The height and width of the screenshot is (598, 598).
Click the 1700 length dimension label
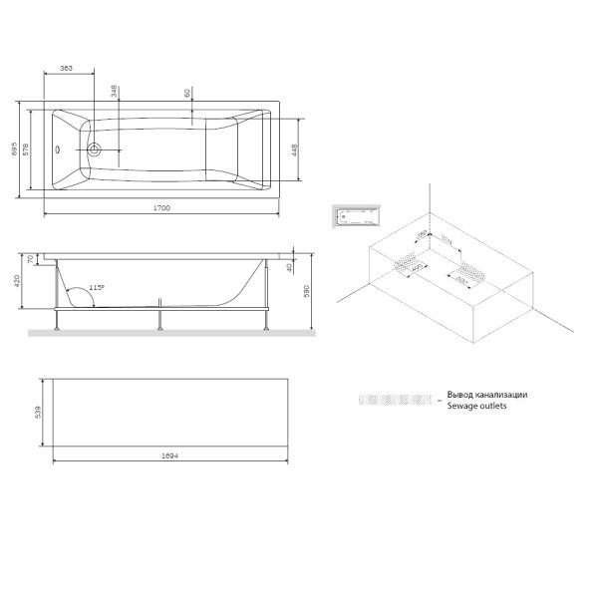159,207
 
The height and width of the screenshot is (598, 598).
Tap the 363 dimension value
67,68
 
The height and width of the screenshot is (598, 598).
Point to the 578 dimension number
28,150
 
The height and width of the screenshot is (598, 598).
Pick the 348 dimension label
116,93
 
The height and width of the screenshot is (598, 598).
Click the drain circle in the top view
96,150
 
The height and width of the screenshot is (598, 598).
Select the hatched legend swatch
397,401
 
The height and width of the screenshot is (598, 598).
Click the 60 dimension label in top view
187,93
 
